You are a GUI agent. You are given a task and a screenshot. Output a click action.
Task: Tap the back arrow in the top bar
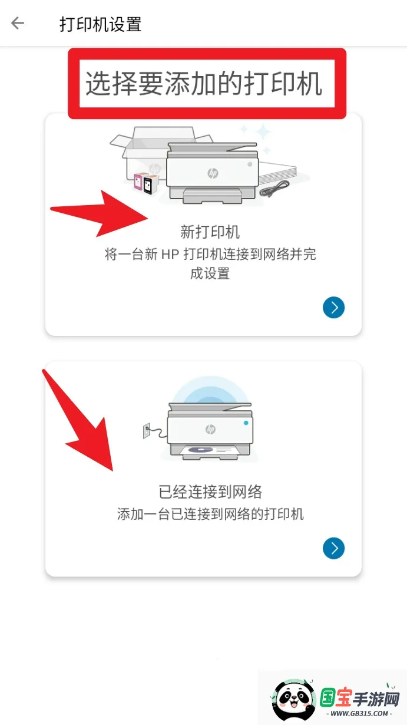coord(18,23)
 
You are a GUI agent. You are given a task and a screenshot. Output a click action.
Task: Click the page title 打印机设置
coord(100,24)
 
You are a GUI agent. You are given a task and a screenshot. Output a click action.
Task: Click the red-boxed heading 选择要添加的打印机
coord(204,84)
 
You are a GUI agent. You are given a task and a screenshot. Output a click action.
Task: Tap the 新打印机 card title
coord(210,232)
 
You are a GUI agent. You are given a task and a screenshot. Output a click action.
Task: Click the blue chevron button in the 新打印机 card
coord(333,308)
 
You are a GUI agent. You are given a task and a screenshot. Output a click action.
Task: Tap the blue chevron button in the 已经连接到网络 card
coord(333,549)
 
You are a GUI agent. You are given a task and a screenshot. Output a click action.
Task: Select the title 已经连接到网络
coord(210,492)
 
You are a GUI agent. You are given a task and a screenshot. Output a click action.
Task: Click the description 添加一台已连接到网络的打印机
coord(210,514)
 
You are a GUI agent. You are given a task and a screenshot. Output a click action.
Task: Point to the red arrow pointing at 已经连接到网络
coord(82,424)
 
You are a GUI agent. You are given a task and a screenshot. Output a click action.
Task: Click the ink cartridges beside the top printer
coord(145,183)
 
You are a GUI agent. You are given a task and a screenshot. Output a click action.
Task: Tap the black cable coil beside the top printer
coord(274,189)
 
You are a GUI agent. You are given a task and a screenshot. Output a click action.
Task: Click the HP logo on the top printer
coord(212,173)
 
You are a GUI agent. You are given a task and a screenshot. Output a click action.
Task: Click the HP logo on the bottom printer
coord(210,429)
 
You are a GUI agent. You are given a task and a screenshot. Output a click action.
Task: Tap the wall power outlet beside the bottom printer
coord(147,431)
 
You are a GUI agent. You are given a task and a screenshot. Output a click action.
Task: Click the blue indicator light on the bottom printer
coord(246,423)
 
